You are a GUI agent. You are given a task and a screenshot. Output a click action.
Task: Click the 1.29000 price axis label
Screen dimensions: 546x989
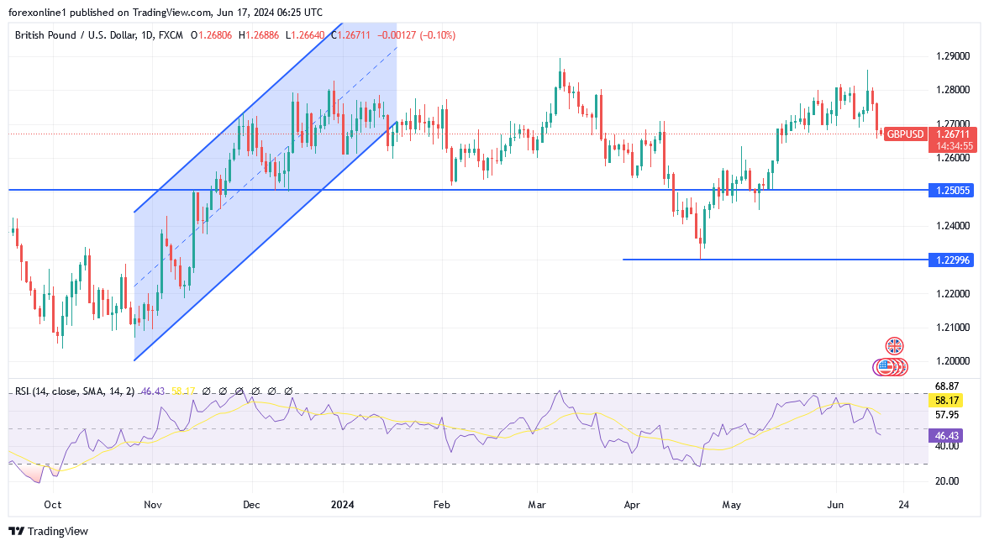coord(953,56)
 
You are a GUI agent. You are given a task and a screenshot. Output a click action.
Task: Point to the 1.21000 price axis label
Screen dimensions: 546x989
coord(953,327)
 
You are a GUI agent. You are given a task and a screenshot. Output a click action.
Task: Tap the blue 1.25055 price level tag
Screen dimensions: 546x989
coord(953,191)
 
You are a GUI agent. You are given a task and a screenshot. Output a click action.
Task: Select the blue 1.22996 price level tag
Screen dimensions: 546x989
coord(953,260)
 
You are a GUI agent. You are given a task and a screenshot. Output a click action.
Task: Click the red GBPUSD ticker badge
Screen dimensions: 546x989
coord(905,134)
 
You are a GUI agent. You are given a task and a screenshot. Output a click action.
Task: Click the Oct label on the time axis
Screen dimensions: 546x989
coord(52,505)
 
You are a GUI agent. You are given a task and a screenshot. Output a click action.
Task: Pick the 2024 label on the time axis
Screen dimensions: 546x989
coord(342,505)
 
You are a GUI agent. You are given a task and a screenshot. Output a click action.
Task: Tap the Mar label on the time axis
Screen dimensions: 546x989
coord(538,505)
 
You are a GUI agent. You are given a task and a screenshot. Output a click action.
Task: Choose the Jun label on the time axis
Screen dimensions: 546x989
coord(834,505)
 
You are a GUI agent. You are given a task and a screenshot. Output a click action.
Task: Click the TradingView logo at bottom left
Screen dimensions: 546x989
coord(48,531)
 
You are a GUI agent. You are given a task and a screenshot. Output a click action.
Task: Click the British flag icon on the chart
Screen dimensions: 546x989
coord(894,345)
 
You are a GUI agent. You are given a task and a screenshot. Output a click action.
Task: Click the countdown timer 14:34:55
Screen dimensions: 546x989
coord(955,145)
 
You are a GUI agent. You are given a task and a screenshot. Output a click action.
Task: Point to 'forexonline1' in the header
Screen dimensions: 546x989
coord(38,13)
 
